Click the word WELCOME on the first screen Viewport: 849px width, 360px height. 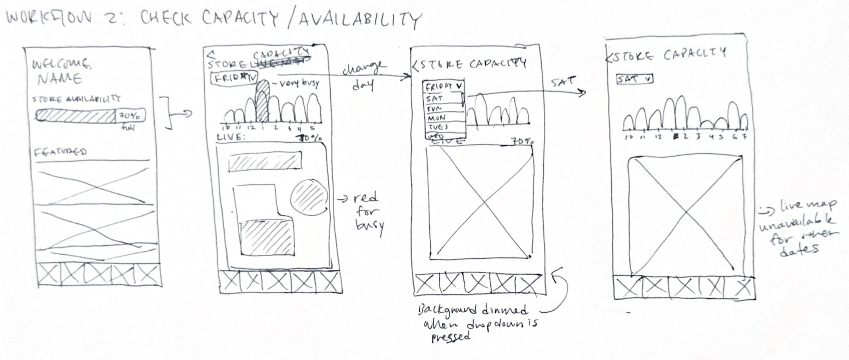[61, 64]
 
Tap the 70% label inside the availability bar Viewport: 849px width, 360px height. [130, 116]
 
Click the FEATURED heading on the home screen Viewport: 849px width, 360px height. [60, 152]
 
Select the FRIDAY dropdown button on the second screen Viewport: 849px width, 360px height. [234, 78]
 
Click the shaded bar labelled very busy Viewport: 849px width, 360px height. [262, 101]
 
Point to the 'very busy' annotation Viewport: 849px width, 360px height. [299, 83]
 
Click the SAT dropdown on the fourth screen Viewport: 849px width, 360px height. [634, 79]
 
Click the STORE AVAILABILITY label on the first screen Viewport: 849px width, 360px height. [76, 99]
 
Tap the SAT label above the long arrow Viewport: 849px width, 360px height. [563, 83]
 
